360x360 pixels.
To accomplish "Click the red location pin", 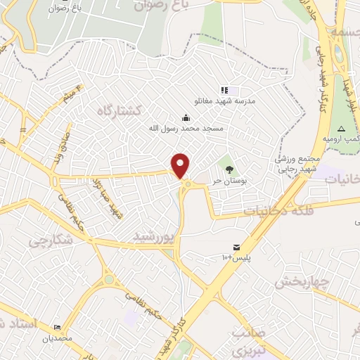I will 181,165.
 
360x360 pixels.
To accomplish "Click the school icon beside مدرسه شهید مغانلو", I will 224,90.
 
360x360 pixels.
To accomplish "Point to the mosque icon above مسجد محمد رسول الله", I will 186,117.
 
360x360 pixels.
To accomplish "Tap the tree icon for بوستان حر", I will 229,168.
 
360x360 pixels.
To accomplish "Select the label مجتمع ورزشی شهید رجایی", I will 299,164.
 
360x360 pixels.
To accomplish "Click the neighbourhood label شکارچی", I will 51,240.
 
